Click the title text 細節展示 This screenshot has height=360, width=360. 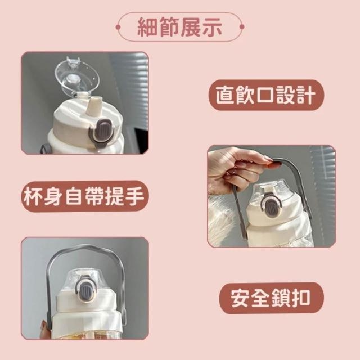pos(180,27)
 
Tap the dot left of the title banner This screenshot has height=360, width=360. pos(118,28)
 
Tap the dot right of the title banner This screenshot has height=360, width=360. pos(241,27)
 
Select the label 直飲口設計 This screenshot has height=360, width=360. pos(266,95)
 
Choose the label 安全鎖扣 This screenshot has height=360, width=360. pos(271,298)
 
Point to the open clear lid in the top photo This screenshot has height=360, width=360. pos(76,76)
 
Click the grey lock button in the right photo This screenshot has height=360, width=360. pos(272,206)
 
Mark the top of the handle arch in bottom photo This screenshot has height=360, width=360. pos(86,246)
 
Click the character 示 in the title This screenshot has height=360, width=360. pos(211,28)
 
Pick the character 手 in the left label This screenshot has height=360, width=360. pos(136,196)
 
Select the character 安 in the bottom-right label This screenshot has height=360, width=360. pos(240,298)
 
